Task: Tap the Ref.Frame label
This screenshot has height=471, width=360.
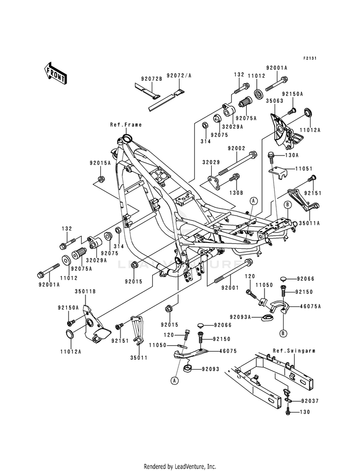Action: pos(126,125)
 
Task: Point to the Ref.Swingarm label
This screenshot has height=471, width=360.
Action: pos(294,350)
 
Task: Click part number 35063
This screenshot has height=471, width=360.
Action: pos(275,101)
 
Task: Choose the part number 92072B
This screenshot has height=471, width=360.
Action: pos(152,79)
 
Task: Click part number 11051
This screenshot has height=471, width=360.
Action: pos(304,169)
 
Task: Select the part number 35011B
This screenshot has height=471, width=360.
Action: pos(85,291)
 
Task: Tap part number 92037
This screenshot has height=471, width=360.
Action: pos(310,401)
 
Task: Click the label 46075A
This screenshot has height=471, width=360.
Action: pos(311,306)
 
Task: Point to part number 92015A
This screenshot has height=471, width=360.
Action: pos(100,163)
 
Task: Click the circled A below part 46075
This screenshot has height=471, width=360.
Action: pos(174,381)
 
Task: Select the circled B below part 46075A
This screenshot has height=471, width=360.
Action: pos(283,333)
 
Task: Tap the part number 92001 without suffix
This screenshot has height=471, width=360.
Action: pos(230,288)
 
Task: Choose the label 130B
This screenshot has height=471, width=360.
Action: pos(236,184)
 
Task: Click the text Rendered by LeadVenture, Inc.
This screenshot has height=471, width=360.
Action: pos(180,467)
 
